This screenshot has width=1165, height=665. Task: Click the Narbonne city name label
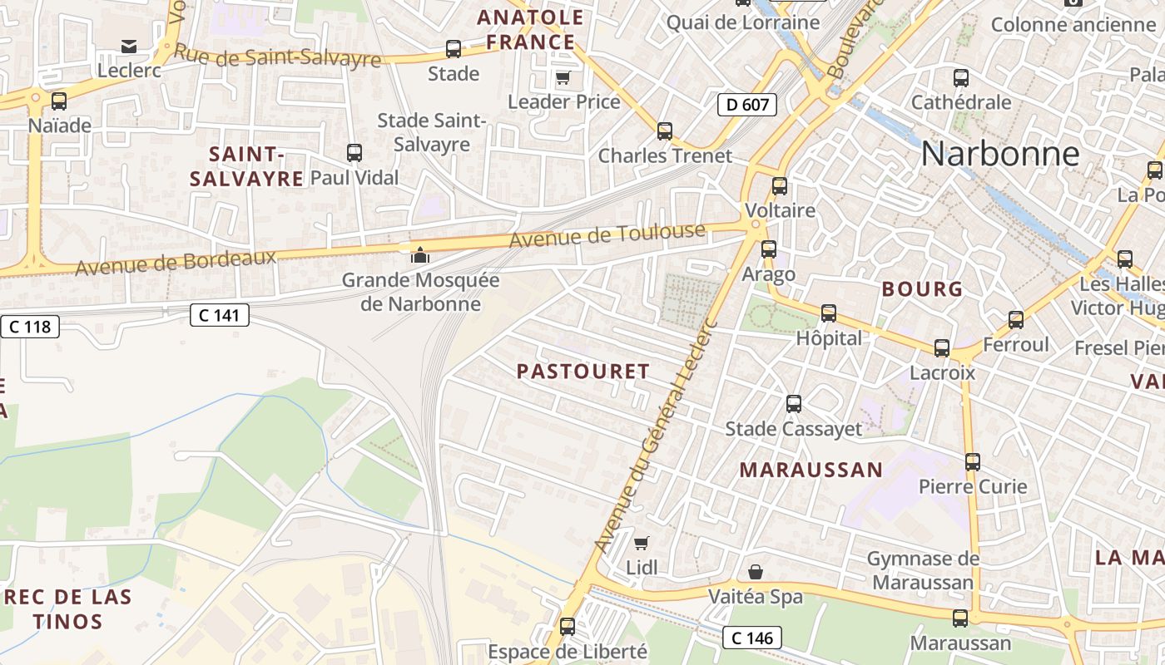[1000, 154]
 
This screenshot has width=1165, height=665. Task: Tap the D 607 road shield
[746, 104]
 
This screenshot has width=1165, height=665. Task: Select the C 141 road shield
[219, 315]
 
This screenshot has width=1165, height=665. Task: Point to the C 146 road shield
[752, 638]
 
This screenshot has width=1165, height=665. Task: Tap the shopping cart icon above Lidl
[641, 543]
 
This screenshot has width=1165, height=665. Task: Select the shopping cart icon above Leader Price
[563, 78]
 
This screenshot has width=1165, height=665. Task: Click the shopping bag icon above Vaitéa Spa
[755, 572]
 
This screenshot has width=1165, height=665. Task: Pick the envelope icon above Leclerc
[129, 46]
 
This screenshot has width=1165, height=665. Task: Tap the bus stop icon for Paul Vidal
[354, 153]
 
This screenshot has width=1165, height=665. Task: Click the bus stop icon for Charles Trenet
[664, 131]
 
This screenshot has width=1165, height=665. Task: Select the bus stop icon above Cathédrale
[960, 79]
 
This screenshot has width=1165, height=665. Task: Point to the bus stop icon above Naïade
[58, 101]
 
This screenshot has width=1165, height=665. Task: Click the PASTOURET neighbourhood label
[582, 372]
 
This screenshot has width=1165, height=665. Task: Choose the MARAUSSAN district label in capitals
[811, 470]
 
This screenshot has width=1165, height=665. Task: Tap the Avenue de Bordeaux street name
[176, 263]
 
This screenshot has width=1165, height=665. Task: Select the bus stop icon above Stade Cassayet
[793, 404]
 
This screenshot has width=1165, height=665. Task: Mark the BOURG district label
[921, 289]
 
